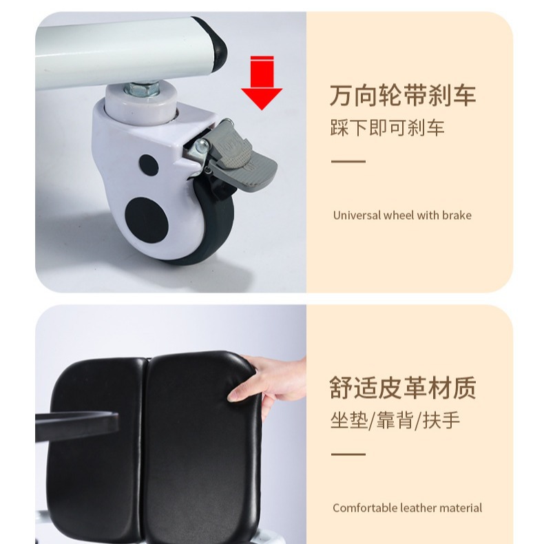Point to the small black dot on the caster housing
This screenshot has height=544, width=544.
pos(147,164)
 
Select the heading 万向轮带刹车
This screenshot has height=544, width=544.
pos(402,95)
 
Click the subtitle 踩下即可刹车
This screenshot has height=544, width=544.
pos(387,128)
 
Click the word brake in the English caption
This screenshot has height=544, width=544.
pos(457,215)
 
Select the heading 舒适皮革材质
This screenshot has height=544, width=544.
pos(402,388)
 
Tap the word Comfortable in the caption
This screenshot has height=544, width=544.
pos(364,508)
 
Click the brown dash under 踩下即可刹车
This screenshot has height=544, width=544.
pos(348,161)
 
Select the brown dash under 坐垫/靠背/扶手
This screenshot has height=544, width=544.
pos(348,454)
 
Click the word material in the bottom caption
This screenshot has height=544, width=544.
pos(461,508)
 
